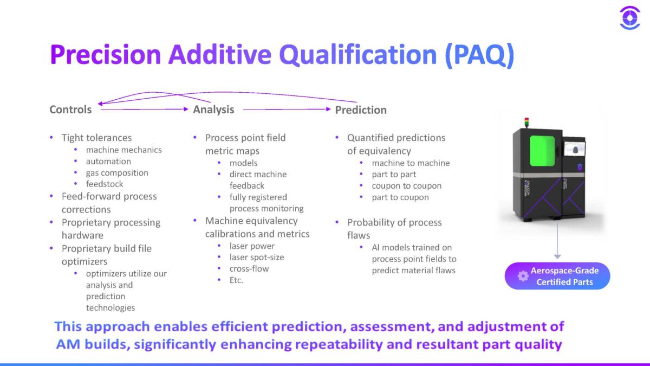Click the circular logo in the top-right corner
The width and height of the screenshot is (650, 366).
click(x=629, y=18)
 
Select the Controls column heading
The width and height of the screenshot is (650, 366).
click(x=70, y=110)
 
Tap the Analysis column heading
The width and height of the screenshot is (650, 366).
click(x=213, y=110)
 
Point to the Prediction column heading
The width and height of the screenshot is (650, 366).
click(x=361, y=110)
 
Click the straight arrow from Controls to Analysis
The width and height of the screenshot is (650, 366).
click(x=144, y=110)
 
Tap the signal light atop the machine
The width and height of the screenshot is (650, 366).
click(x=525, y=121)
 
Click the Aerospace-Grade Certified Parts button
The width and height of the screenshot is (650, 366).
click(x=557, y=277)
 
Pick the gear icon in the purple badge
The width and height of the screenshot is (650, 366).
click(x=523, y=276)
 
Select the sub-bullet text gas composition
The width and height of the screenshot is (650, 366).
click(x=117, y=173)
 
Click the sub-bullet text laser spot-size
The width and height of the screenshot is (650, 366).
click(x=256, y=257)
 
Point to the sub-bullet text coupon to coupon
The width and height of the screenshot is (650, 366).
click(x=406, y=185)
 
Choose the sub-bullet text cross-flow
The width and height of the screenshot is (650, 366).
click(x=249, y=268)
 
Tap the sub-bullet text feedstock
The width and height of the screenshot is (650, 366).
click(x=105, y=184)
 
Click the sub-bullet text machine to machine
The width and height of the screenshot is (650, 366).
click(x=411, y=163)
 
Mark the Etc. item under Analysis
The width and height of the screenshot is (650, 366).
click(x=236, y=280)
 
